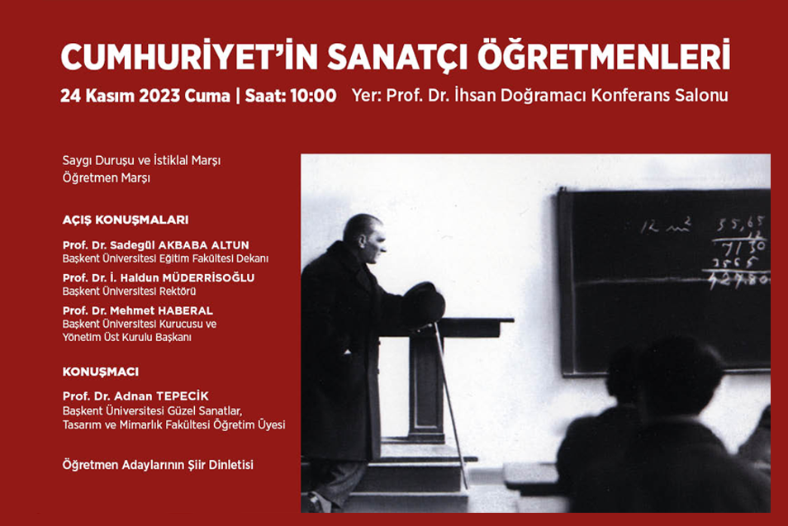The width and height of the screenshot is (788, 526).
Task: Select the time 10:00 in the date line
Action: coord(313,96)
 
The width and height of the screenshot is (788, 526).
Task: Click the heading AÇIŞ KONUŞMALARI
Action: coord(126,220)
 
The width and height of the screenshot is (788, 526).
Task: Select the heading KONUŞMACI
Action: coord(101,372)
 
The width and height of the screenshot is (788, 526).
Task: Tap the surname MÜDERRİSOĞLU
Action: coord(208,277)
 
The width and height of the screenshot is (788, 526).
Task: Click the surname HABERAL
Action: coord(186,311)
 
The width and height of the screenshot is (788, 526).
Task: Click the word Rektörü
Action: coord(179,291)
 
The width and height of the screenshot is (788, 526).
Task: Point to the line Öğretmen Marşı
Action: coord(107,178)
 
